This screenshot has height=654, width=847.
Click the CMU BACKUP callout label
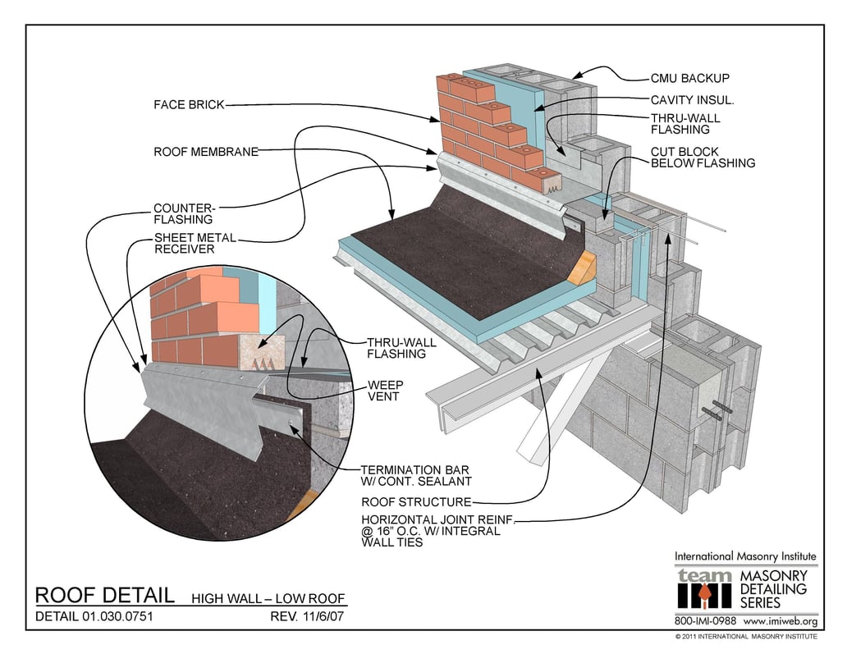tap(689, 79)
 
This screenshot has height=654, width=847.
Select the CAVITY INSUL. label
tap(692, 100)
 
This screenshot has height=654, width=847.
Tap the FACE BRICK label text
tap(188, 105)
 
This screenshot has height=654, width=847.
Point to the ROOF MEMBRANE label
tap(206, 152)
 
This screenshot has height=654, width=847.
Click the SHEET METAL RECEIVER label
tap(195, 244)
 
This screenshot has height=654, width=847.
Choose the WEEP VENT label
tap(383, 391)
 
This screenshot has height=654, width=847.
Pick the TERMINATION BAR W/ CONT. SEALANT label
tap(416, 476)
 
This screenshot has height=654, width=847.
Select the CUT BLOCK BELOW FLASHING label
tap(702, 158)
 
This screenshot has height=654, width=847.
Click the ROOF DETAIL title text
tap(104, 595)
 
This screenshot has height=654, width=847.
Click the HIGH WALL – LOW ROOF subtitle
tap(268, 598)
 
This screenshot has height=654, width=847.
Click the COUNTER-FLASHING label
tap(183, 213)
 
